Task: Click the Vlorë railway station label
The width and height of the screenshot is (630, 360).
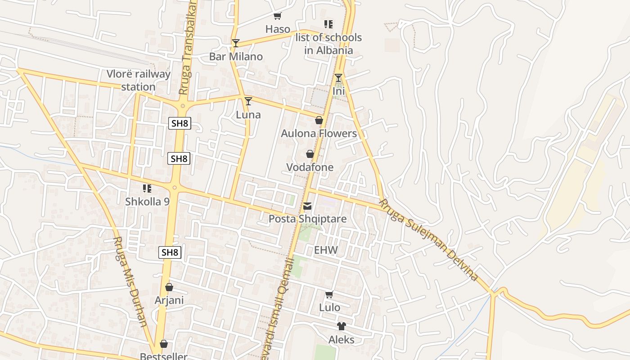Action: (x=139, y=80)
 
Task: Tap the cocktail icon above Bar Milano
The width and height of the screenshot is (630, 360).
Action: (x=235, y=43)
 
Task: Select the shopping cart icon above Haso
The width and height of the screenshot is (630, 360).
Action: (x=277, y=16)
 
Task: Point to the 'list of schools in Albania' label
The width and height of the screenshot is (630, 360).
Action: (x=328, y=44)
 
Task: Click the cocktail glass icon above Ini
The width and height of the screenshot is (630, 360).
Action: (x=338, y=78)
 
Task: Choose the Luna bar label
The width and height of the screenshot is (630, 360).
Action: (x=248, y=115)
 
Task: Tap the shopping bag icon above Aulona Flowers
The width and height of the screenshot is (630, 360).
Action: (x=319, y=120)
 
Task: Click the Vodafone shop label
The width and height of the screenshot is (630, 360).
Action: (x=310, y=167)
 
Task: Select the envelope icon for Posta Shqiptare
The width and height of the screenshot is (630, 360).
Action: (x=307, y=206)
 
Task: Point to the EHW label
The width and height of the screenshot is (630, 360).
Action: (x=326, y=250)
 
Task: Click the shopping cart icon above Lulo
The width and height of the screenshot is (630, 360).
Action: (x=329, y=295)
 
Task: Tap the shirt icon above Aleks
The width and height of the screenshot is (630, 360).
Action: (x=341, y=326)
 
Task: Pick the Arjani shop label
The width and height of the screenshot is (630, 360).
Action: (x=169, y=300)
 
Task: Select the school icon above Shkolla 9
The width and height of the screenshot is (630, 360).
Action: (x=147, y=188)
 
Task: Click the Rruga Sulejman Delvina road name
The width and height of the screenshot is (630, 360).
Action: (x=428, y=239)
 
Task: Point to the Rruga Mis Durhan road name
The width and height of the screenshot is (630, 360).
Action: (x=130, y=281)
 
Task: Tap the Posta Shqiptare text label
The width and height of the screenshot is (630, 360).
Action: (x=307, y=219)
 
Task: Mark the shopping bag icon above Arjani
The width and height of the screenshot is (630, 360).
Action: (x=169, y=287)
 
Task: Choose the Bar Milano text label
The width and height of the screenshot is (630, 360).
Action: (x=236, y=57)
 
